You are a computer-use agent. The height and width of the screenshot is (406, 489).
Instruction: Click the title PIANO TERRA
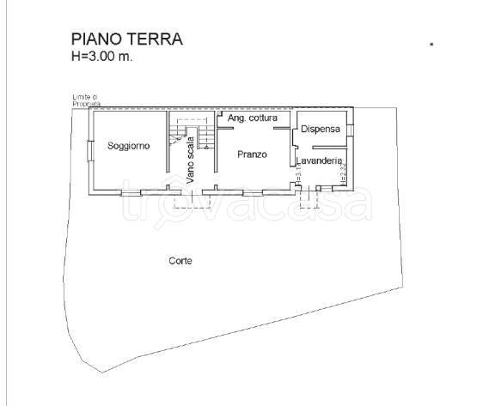(x=126, y=39)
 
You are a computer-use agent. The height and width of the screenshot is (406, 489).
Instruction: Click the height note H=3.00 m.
(x=102, y=56)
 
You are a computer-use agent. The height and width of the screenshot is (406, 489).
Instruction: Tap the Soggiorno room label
(x=129, y=146)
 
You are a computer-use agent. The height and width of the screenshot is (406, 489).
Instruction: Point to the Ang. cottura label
(x=249, y=118)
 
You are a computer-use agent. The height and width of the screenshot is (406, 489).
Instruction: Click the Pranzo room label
(x=252, y=155)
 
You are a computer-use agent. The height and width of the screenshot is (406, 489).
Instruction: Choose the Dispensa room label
(x=321, y=129)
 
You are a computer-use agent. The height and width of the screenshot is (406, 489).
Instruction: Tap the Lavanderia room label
(x=320, y=161)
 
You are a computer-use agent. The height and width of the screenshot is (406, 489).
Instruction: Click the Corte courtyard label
(x=180, y=261)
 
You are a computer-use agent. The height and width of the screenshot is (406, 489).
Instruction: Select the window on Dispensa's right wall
(x=350, y=130)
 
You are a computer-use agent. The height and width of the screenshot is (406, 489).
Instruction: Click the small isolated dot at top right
(x=431, y=42)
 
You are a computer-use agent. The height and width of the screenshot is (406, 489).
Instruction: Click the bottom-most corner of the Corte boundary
(x=104, y=373)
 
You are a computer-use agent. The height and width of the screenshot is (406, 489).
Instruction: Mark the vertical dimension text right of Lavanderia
(x=343, y=175)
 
